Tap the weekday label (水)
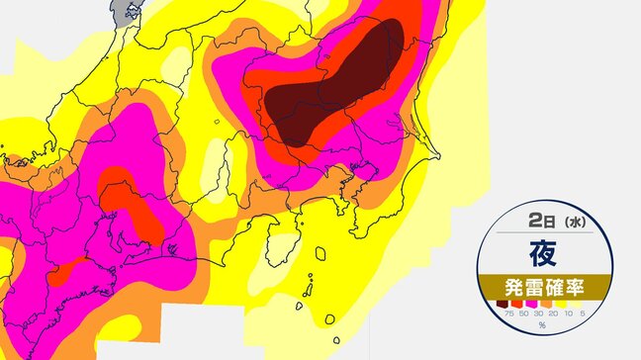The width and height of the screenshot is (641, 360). click(x=573, y=225)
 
